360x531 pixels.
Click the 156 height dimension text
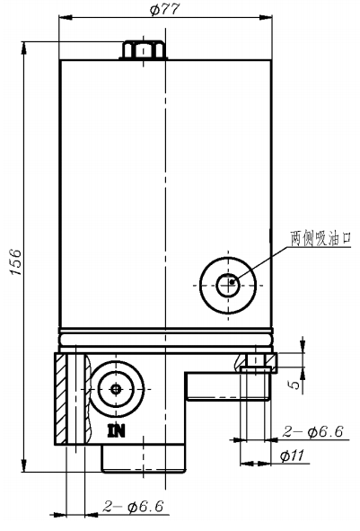pyautogui.click(x=16, y=262)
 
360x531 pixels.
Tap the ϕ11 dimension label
pyautogui.click(x=292, y=456)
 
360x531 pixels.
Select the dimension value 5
pyautogui.click(x=294, y=384)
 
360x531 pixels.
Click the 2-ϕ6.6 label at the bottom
pyautogui.click(x=134, y=506)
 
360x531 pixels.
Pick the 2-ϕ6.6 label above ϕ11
pyautogui.click(x=313, y=431)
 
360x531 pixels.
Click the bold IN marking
pyautogui.click(x=117, y=430)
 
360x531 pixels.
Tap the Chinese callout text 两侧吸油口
pyautogui.click(x=320, y=238)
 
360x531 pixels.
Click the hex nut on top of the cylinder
pyautogui.click(x=144, y=50)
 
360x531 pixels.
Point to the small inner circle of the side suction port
pyautogui.click(x=228, y=285)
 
